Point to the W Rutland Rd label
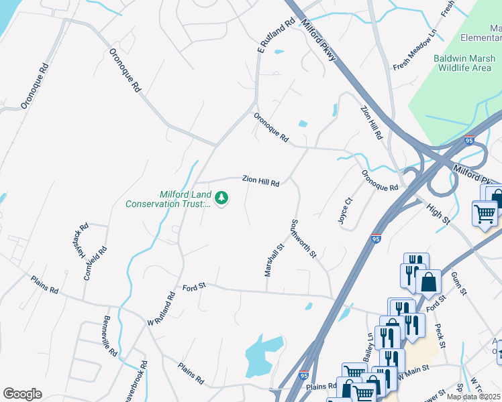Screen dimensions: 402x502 click(x=162, y=308)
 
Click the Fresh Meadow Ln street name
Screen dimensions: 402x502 click(x=415, y=52)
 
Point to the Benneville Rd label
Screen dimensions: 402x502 click(x=111, y=336)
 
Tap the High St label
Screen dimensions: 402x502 click(x=437, y=212)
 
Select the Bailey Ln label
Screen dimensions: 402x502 click(x=368, y=346)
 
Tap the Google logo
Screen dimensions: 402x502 click(x=22, y=393)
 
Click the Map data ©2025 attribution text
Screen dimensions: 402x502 click(x=473, y=397)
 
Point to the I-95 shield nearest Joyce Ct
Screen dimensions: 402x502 click(x=376, y=238)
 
